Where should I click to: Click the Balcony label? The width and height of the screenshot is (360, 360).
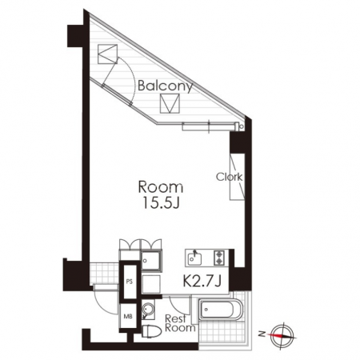pos(165,86)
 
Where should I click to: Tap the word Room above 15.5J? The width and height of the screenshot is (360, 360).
pos(161,187)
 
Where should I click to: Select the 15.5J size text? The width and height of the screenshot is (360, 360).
pos(161,202)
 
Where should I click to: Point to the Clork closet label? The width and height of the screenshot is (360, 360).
pos(229,177)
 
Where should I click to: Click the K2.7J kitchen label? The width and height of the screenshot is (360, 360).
pos(202,281)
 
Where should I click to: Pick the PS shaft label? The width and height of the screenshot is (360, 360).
pos(130,282)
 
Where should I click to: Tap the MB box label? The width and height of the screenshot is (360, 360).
pos(128,317)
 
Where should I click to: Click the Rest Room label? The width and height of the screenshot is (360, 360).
pos(180,323)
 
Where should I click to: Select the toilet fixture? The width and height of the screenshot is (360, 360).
pos(152,331)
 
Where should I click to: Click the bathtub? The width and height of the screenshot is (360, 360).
pos(222,310)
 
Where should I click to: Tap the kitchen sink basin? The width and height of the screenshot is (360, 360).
pos(194,258)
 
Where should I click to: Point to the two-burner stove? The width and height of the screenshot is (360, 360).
pos(219,258)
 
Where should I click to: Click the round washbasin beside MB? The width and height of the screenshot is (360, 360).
pos(148,310)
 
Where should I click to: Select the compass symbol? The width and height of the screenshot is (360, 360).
pos(282,335)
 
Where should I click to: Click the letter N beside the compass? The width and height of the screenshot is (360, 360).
pos(262,334)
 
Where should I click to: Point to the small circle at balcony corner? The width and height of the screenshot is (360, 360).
pos(242,127)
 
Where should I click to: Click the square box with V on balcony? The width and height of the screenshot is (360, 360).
pos(170,103)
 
